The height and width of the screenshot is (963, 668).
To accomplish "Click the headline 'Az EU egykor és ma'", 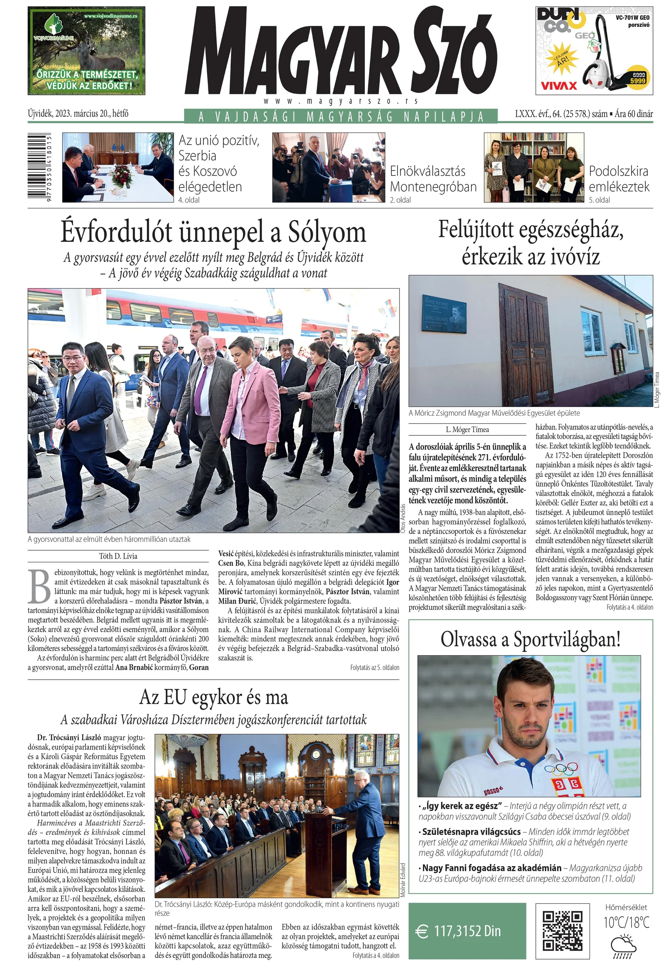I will point(213,697).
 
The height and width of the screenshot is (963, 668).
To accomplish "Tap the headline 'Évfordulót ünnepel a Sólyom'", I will point(213,233).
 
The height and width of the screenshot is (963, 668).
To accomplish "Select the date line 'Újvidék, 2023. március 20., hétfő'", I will point(78,114).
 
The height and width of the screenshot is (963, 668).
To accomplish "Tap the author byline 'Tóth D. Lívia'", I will point(118,556).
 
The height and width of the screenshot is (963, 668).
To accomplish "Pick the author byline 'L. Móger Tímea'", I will point(467,429).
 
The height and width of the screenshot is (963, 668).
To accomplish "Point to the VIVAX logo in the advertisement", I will point(559,86).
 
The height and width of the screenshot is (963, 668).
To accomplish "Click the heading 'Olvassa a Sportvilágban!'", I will point(530,640).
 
